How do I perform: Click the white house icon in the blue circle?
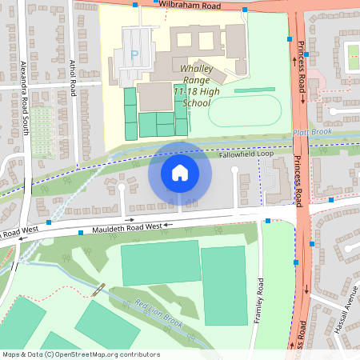180,173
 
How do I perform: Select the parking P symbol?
134,55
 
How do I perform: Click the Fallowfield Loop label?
246,154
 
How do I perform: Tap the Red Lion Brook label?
159,314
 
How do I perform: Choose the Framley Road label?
259,302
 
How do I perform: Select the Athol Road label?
71,77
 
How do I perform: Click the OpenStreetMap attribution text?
80,354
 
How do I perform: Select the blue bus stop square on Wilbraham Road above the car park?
135,5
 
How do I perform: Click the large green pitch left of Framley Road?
224,285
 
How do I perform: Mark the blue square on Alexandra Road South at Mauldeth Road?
49,222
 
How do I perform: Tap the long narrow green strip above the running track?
254,90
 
